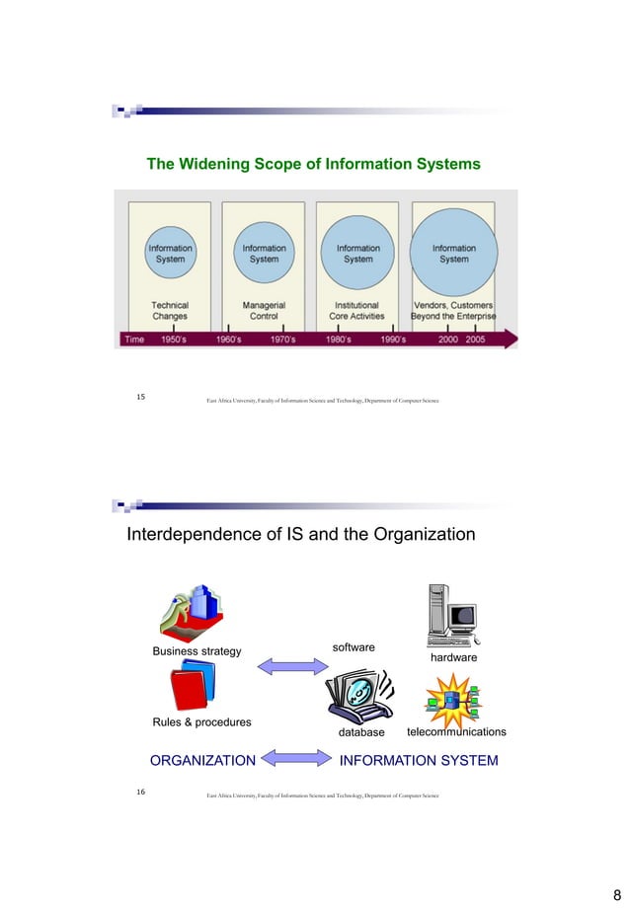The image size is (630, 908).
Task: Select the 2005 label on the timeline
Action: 475,339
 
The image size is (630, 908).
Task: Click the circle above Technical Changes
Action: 170,254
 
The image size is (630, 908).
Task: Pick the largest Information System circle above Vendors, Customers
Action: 453,254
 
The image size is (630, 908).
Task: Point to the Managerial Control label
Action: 264,311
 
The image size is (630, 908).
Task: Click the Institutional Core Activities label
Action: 356,311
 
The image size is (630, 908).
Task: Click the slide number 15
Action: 140,397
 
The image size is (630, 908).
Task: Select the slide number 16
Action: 140,792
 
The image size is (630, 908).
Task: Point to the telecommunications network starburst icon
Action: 453,699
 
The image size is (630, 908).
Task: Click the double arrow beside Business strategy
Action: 291,666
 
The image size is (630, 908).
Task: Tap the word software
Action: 354,646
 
